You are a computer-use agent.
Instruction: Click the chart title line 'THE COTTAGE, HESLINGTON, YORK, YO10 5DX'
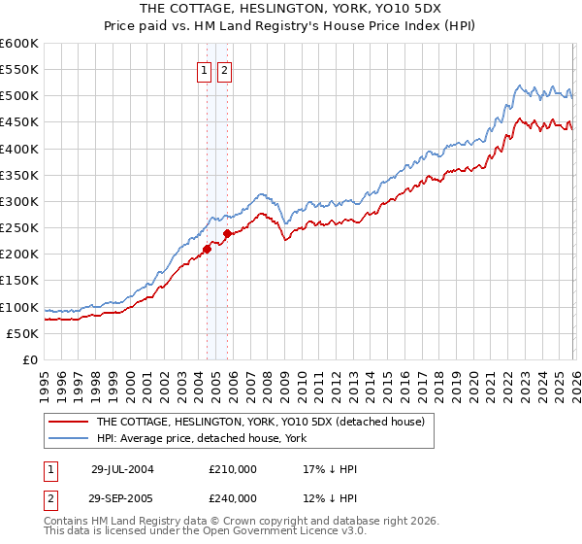[290, 7]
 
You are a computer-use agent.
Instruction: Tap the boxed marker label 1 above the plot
[205, 70]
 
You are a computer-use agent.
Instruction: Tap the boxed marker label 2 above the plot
[224, 70]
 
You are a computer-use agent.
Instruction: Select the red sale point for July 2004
[207, 249]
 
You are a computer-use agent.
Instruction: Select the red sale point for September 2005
[227, 233]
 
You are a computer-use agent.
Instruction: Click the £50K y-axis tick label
[23, 333]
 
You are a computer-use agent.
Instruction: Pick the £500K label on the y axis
[19, 95]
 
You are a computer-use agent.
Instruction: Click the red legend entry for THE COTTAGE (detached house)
[260, 423]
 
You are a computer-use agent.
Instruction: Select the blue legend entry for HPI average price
[202, 439]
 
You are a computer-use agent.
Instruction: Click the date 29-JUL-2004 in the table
[122, 468]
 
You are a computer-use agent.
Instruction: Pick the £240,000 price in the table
[233, 497]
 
